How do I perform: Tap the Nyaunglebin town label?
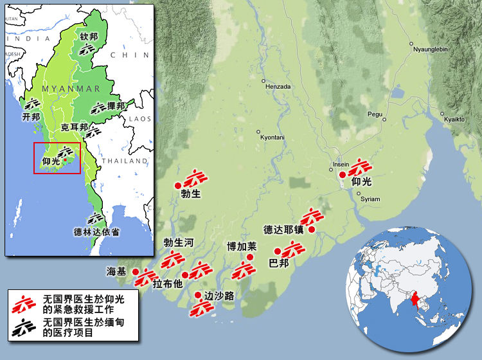pyautogui.click(x=431, y=49)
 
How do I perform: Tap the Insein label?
pyautogui.click(x=341, y=165)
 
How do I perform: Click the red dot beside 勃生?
pyautogui.click(x=178, y=186)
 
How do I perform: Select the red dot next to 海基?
pyautogui.click(x=136, y=272)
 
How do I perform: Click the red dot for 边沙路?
pyautogui.click(x=198, y=295)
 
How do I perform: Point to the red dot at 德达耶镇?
pyautogui.click(x=312, y=230)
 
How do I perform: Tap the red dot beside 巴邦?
pyautogui.click(x=278, y=251)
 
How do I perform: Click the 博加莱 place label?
pyautogui.click(x=241, y=246)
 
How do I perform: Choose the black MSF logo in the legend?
pyautogui.click(x=24, y=325)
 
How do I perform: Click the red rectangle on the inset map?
pyautogui.click(x=57, y=159)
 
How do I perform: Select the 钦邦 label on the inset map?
pyautogui.click(x=89, y=37)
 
